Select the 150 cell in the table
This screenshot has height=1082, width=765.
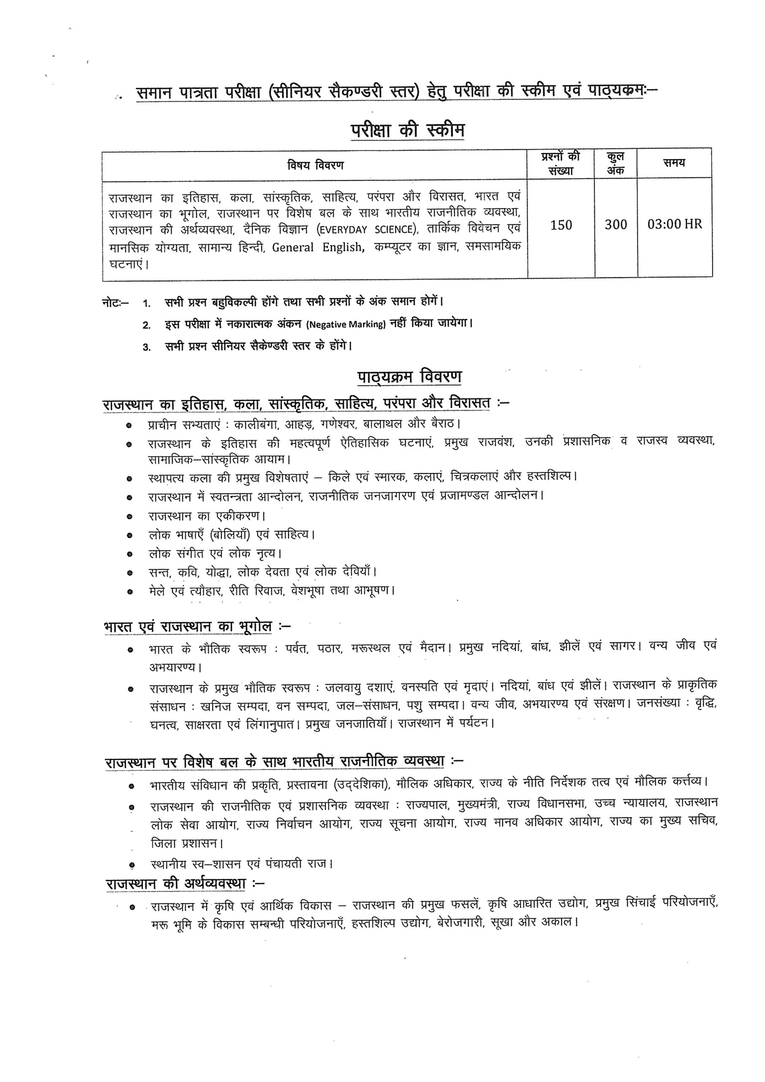(x=561, y=225)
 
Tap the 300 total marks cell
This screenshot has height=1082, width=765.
(x=615, y=225)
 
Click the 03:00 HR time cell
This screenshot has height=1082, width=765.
(x=675, y=224)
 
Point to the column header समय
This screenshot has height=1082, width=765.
(x=674, y=163)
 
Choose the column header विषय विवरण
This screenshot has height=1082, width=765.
(x=315, y=165)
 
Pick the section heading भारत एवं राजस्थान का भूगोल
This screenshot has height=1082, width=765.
(x=188, y=627)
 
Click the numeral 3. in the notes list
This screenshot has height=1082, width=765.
(x=147, y=347)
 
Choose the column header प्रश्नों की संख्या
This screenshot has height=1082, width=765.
(x=561, y=163)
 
